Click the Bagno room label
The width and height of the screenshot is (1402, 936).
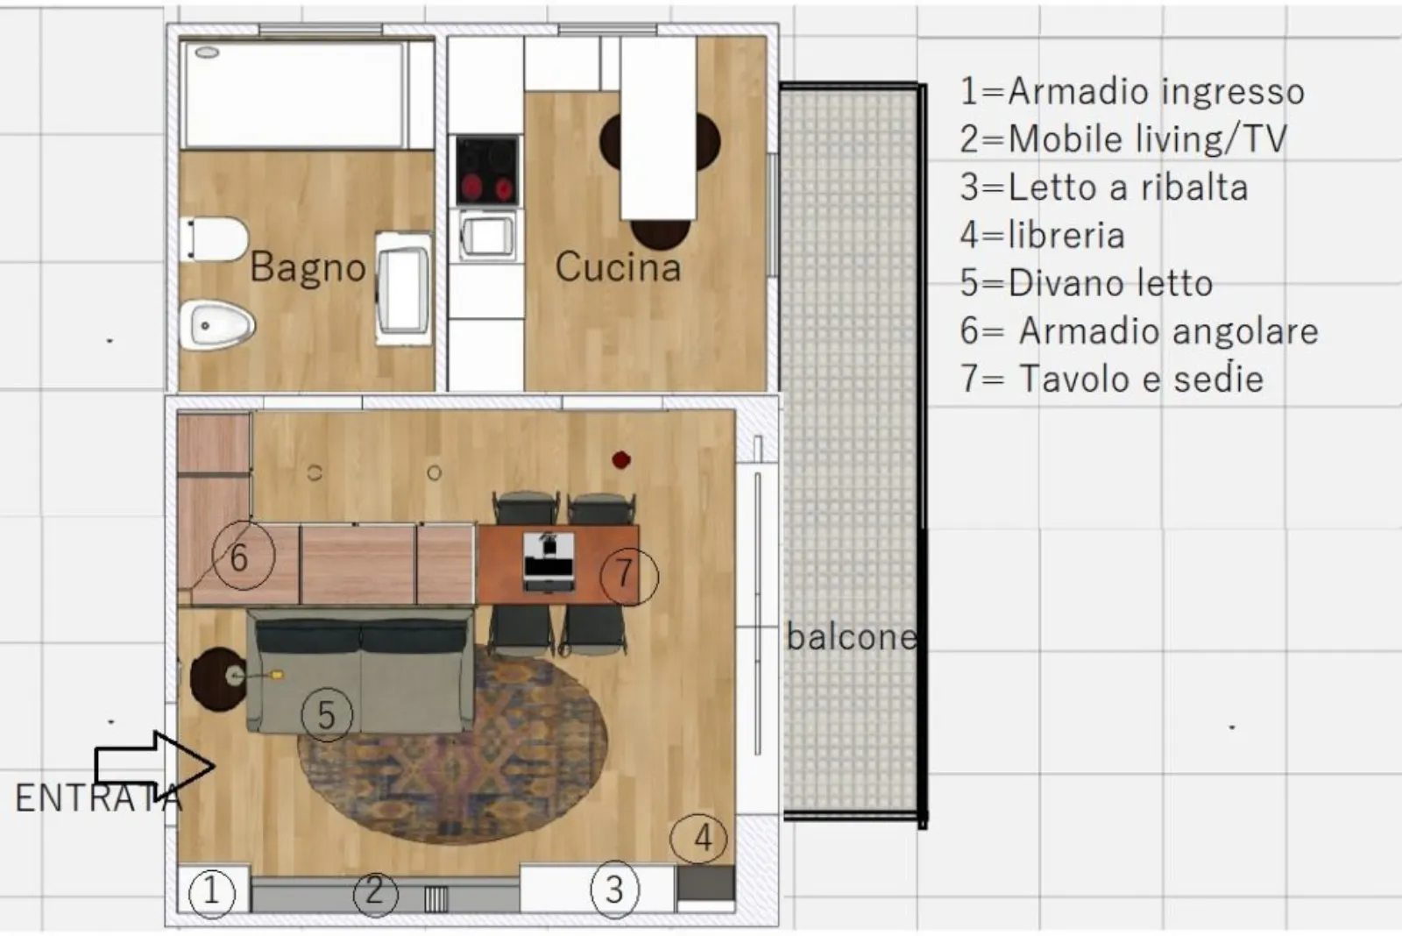pyautogui.click(x=308, y=268)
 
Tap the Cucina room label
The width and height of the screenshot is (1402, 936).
pyautogui.click(x=618, y=267)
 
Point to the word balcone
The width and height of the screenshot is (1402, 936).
pyautogui.click(x=852, y=637)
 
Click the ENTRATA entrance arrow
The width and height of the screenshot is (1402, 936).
pyautogui.click(x=154, y=766)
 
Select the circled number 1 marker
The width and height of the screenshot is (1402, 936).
pyautogui.click(x=211, y=891)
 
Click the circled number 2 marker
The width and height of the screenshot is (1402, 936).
pyautogui.click(x=375, y=892)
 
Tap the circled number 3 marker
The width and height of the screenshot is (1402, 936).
pyautogui.click(x=614, y=890)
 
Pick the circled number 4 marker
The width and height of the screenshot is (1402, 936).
pyautogui.click(x=698, y=838)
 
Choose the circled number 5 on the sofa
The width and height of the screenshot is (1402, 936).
pyautogui.click(x=327, y=714)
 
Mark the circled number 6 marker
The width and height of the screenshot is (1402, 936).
pyautogui.click(x=244, y=557)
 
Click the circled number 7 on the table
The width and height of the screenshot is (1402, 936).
pyautogui.click(x=628, y=575)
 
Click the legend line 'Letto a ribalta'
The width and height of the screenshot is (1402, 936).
pyautogui.click(x=1104, y=188)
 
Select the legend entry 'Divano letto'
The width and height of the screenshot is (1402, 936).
pyautogui.click(x=1087, y=283)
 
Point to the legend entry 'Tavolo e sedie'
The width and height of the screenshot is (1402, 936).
pyautogui.click(x=1112, y=379)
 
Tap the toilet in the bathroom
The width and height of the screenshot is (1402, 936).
pyautogui.click(x=214, y=238)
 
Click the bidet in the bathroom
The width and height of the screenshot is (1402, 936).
pyautogui.click(x=216, y=325)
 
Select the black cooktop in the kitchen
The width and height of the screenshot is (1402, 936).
pyautogui.click(x=487, y=170)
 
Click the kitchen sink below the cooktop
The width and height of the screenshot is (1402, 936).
pyautogui.click(x=488, y=236)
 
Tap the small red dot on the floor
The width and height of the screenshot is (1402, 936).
pyautogui.click(x=621, y=460)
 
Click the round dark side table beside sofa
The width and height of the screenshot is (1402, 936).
pyautogui.click(x=218, y=679)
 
